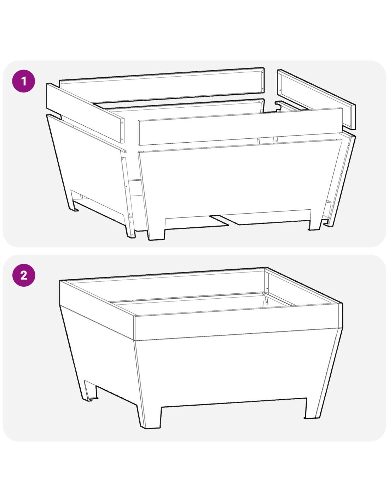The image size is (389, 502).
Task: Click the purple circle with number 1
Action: pos(24,81)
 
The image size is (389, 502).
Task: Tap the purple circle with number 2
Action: pos(24,275)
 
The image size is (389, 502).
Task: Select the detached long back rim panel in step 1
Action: pos(162,85)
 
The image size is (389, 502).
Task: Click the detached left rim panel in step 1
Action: pos(85,113)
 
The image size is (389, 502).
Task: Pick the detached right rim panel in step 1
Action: pos(317,99)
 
